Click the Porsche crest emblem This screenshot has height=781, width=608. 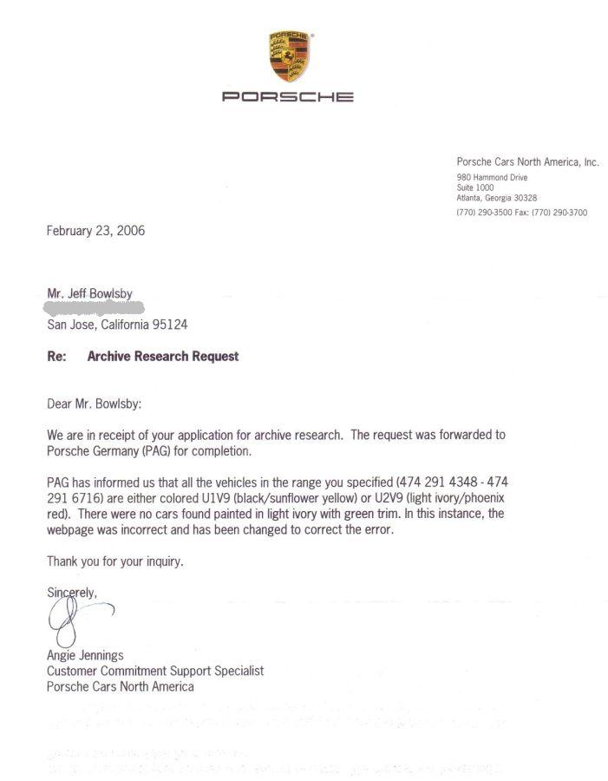pyautogui.click(x=290, y=58)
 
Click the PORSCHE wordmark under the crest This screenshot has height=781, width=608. pyautogui.click(x=288, y=97)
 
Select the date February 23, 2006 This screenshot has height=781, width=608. pyautogui.click(x=95, y=231)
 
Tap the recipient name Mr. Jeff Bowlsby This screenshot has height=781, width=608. pyautogui.click(x=89, y=294)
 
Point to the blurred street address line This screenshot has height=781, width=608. pyautogui.click(x=95, y=309)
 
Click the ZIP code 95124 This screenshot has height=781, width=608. pyautogui.click(x=169, y=325)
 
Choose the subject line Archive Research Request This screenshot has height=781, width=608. pyautogui.click(x=162, y=357)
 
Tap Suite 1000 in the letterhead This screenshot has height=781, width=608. pyautogui.click(x=475, y=187)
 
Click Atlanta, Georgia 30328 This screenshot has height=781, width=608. pyautogui.click(x=497, y=198)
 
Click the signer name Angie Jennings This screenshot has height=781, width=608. pyautogui.click(x=87, y=656)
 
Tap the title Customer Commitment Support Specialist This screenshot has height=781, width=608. pyautogui.click(x=155, y=671)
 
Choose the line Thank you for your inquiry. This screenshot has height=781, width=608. pyautogui.click(x=114, y=561)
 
